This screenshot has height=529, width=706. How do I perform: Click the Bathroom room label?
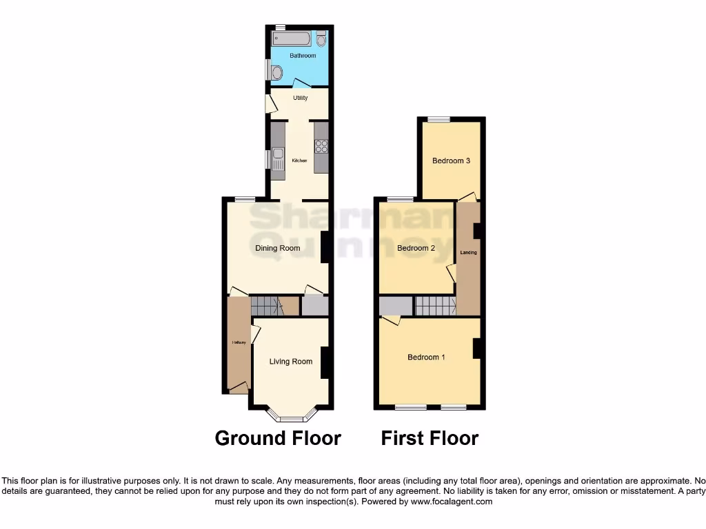(303, 56)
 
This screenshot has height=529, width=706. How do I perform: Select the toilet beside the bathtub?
(321, 39)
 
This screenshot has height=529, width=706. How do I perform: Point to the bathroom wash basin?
(276, 72)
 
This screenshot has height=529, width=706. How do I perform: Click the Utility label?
(300, 98)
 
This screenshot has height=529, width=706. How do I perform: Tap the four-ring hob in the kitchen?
(321, 146)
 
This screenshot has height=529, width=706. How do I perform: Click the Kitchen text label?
(299, 161)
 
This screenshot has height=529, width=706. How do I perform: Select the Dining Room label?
(278, 248)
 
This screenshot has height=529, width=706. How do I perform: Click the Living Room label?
(290, 361)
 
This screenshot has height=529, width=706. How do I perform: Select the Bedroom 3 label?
(451, 160)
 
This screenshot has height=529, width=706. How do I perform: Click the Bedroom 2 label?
(416, 249)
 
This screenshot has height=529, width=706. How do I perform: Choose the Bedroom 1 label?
(426, 357)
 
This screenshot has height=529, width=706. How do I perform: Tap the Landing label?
(469, 253)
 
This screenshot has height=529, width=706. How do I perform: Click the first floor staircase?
(435, 305)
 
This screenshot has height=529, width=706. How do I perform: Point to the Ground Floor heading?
(278, 438)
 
